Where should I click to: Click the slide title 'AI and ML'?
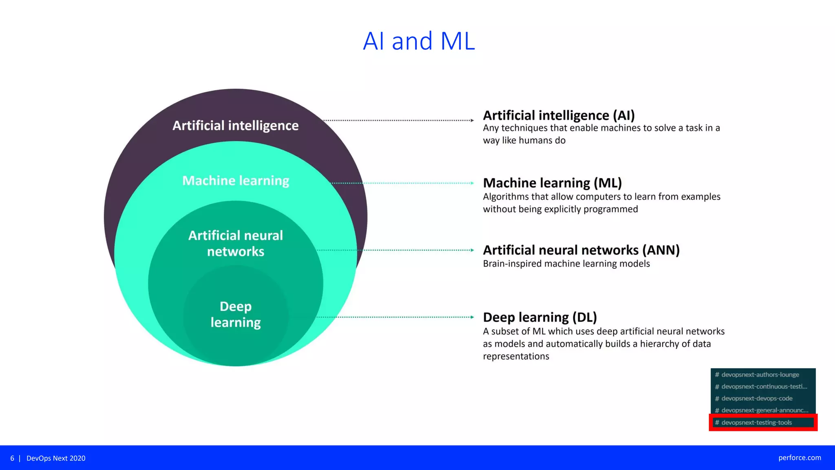419,41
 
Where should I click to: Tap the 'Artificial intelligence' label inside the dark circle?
235,126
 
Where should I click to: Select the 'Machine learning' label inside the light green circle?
235,180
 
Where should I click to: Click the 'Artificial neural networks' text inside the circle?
235,243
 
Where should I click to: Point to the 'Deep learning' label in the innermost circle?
235,314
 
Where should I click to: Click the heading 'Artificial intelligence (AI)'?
559,115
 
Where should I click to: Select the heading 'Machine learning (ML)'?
552,183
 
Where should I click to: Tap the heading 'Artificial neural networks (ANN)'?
581,250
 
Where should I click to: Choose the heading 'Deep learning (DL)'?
540,317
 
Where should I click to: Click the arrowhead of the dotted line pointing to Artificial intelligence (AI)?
472,120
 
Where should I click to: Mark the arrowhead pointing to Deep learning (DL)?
472,317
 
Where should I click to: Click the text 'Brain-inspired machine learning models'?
566,264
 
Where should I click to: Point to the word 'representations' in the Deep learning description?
516,356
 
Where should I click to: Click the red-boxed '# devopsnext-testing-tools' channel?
756,422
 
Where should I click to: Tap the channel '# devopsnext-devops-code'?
757,398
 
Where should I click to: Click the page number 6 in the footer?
12,458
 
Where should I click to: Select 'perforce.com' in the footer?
799,458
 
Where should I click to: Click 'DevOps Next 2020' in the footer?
56,458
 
